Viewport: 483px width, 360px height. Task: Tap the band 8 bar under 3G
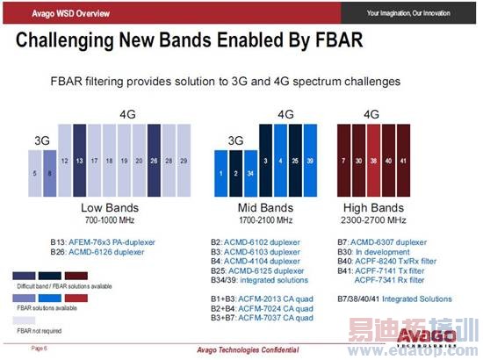point(50,174)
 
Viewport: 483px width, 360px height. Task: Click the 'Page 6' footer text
point(40,349)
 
